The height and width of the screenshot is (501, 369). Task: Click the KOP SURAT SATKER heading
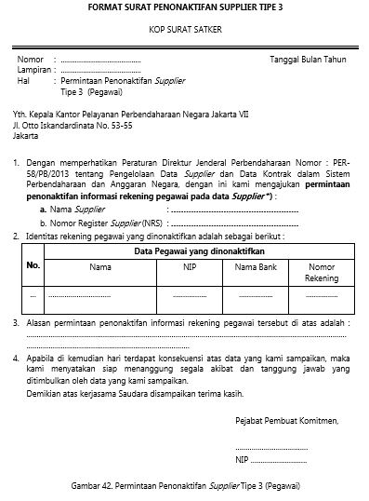pyautogui.click(x=184, y=31)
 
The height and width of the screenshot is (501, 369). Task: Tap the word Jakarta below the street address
pyautogui.click(x=28, y=132)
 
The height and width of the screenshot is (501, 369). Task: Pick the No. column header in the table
pyautogui.click(x=33, y=266)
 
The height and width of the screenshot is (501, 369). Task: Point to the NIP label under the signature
pyautogui.click(x=242, y=460)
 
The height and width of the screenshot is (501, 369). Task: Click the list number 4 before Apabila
pyautogui.click(x=17, y=357)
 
